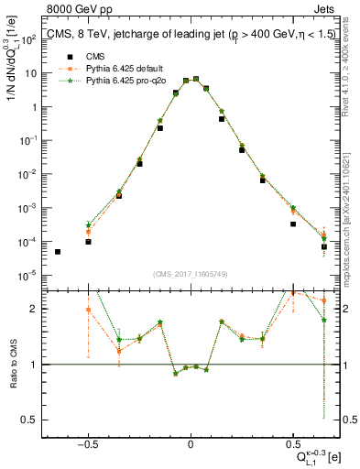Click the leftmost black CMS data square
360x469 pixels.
[58, 252]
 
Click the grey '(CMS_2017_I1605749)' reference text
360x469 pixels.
[191, 274]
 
